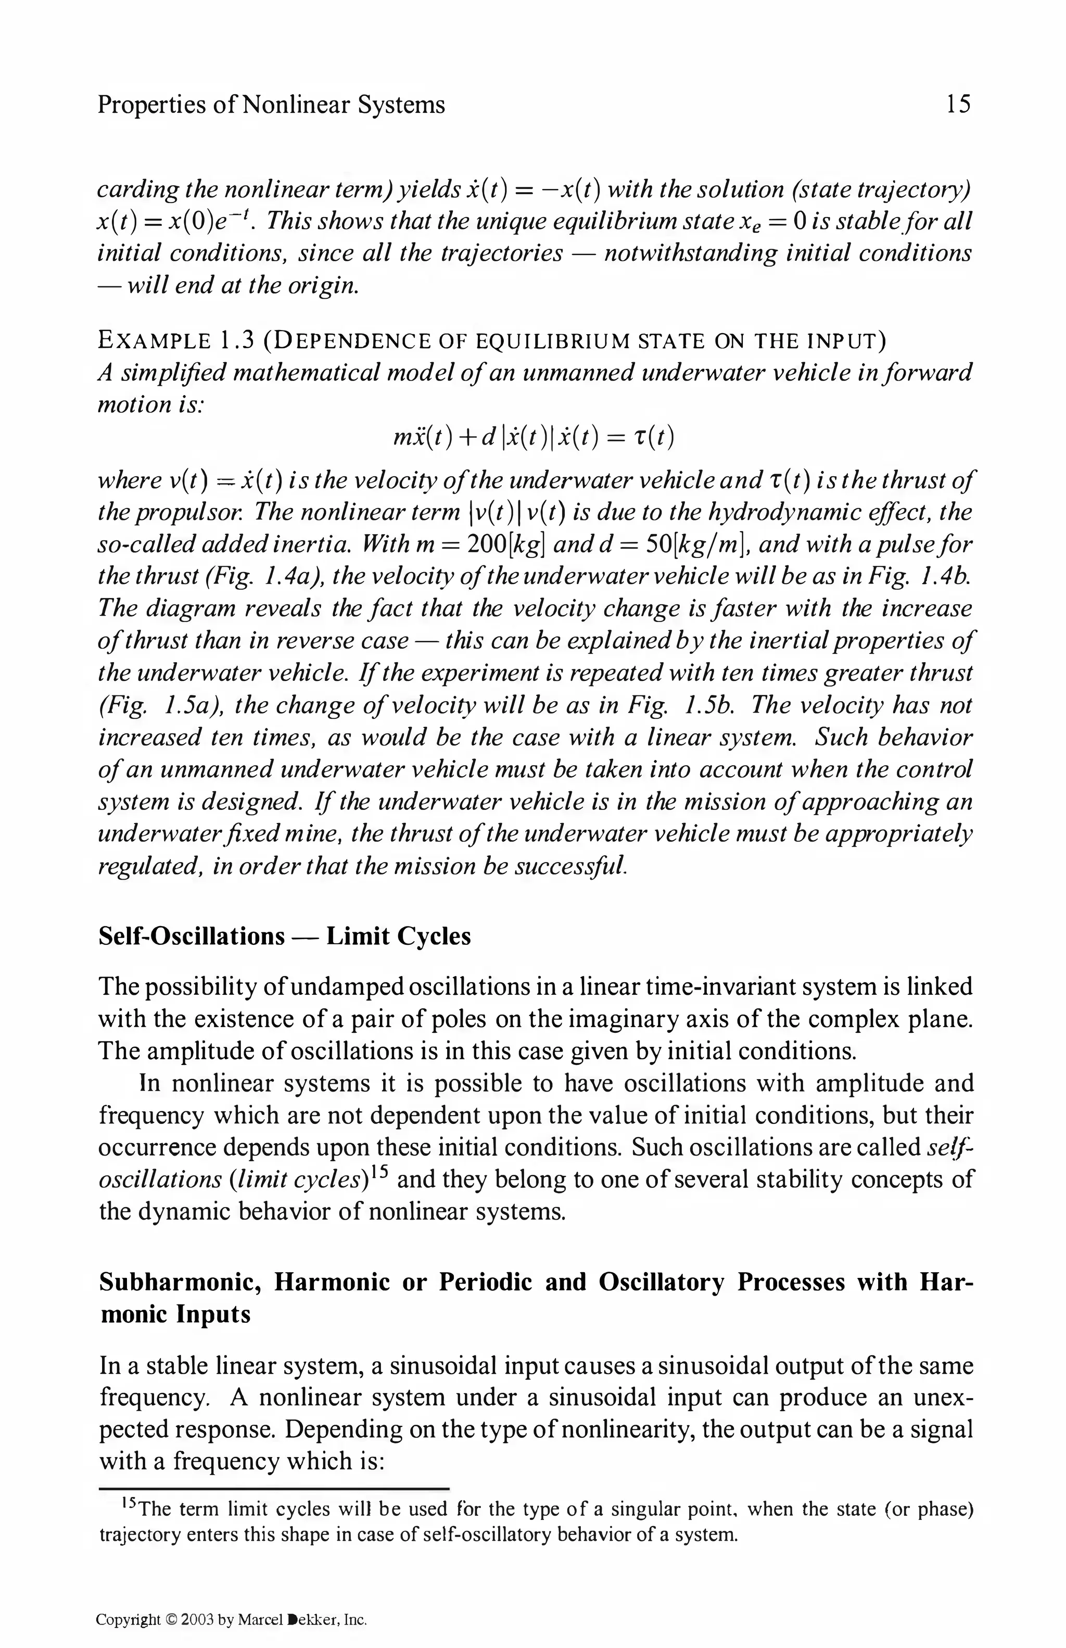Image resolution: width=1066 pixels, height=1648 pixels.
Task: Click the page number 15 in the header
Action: click(x=958, y=105)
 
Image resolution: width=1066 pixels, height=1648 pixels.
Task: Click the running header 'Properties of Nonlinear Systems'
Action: click(x=271, y=105)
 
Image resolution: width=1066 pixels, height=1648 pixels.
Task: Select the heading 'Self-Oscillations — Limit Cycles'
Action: click(x=285, y=936)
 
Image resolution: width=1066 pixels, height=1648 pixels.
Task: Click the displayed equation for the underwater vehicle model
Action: click(x=532, y=437)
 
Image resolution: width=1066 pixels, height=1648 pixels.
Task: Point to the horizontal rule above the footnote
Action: click(x=274, y=1488)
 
